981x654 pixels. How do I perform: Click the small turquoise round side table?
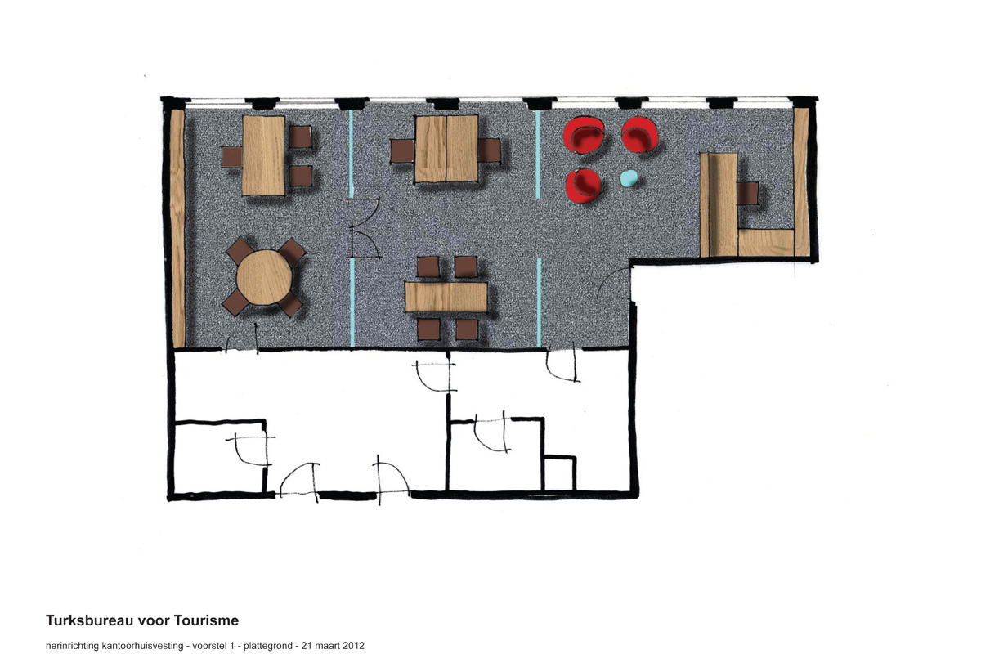tap(629, 179)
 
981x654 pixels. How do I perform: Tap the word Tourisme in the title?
tap(206, 620)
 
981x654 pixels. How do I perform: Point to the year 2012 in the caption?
tap(353, 646)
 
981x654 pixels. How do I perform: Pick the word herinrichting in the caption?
tap(72, 646)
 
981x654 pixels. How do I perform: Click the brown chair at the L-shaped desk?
tap(747, 193)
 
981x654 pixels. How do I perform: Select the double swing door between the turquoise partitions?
tap(364, 228)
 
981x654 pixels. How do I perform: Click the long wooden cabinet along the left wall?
tap(177, 228)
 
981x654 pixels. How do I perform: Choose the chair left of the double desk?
tap(402, 150)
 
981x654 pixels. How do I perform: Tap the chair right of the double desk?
tap(489, 150)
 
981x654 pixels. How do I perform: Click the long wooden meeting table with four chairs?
tap(446, 297)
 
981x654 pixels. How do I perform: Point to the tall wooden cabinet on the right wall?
tap(801, 181)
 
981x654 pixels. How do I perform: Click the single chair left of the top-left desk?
tap(231, 157)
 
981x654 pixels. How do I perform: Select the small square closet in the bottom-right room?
tap(559, 473)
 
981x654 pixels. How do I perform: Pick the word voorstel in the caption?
tap(209, 646)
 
